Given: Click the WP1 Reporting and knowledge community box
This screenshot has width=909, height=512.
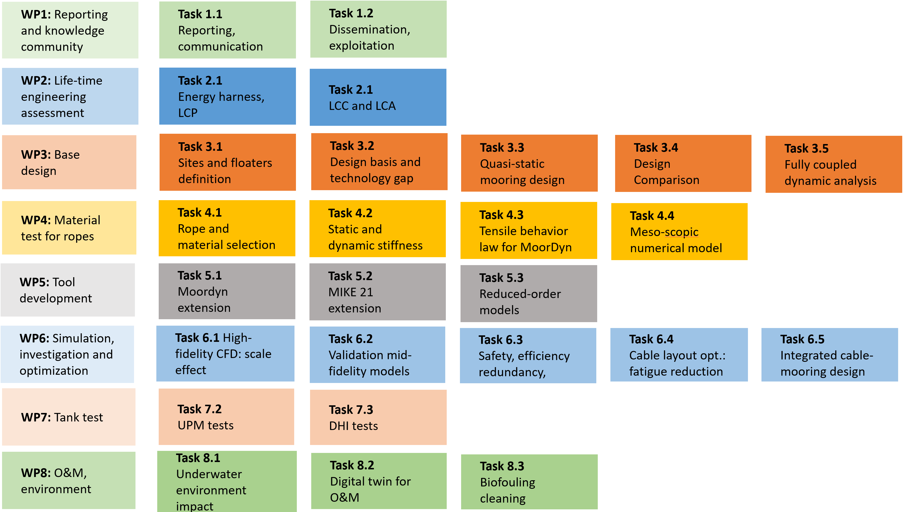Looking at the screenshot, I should click(70, 30).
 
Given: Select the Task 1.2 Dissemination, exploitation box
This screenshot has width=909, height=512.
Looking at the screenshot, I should click(378, 29).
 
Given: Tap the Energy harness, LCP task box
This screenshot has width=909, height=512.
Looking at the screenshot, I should click(227, 96).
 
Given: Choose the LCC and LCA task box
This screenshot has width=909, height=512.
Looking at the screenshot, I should click(378, 97).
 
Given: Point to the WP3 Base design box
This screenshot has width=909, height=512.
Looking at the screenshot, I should click(69, 162).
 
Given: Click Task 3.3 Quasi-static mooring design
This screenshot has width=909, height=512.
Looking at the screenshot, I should click(529, 163).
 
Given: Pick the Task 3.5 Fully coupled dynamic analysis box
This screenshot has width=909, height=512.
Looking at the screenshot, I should click(833, 164).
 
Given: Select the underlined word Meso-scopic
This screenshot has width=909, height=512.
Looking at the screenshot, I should click(664, 232).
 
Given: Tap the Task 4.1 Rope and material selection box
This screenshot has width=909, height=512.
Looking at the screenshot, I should click(227, 228).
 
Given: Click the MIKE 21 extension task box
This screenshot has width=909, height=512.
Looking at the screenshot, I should click(377, 292).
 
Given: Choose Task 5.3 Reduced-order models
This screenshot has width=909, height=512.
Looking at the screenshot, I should click(529, 294).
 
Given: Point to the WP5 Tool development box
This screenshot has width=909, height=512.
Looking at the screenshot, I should click(68, 290).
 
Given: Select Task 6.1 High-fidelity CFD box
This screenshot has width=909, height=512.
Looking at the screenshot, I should click(225, 354).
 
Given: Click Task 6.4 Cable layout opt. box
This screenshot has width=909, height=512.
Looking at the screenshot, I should click(679, 355).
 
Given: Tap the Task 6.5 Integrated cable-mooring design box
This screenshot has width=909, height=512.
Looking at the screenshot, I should click(829, 355).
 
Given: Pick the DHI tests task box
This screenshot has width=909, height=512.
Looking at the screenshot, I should click(378, 417).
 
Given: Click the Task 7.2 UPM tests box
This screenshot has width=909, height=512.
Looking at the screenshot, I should click(226, 417).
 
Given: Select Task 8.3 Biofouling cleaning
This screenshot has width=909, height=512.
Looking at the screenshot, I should click(529, 482).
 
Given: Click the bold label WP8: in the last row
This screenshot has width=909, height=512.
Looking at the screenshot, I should click(36, 473).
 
